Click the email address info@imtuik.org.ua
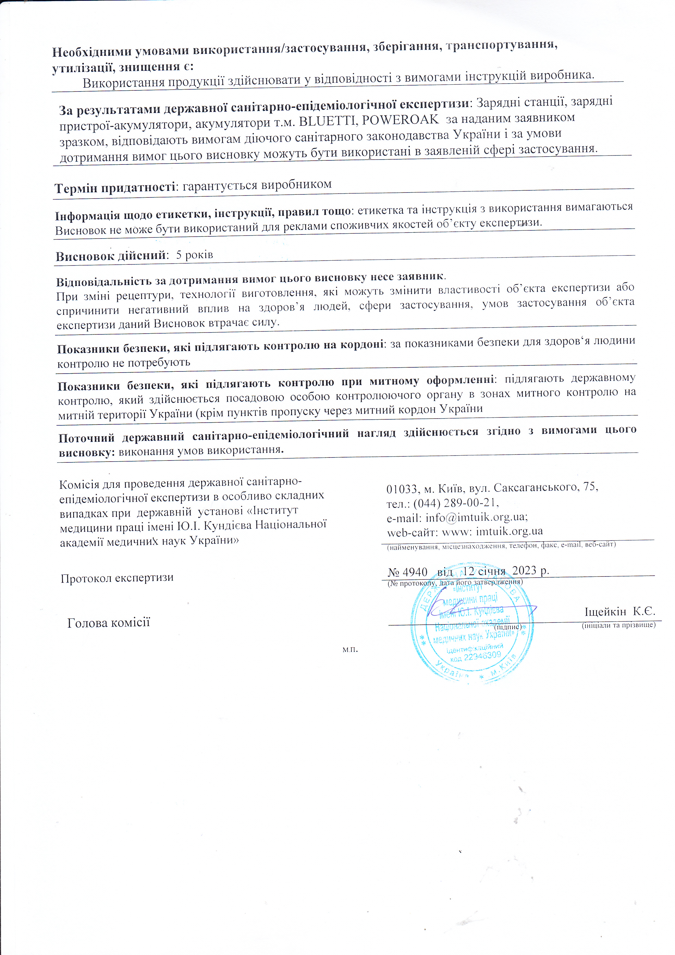pos(476,517)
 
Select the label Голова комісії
pos(109,623)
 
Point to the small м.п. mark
pos(350,649)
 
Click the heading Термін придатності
pos(115,188)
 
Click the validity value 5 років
pos(195,255)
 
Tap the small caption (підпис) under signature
pos(508,626)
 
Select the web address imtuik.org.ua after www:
pos(509,532)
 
